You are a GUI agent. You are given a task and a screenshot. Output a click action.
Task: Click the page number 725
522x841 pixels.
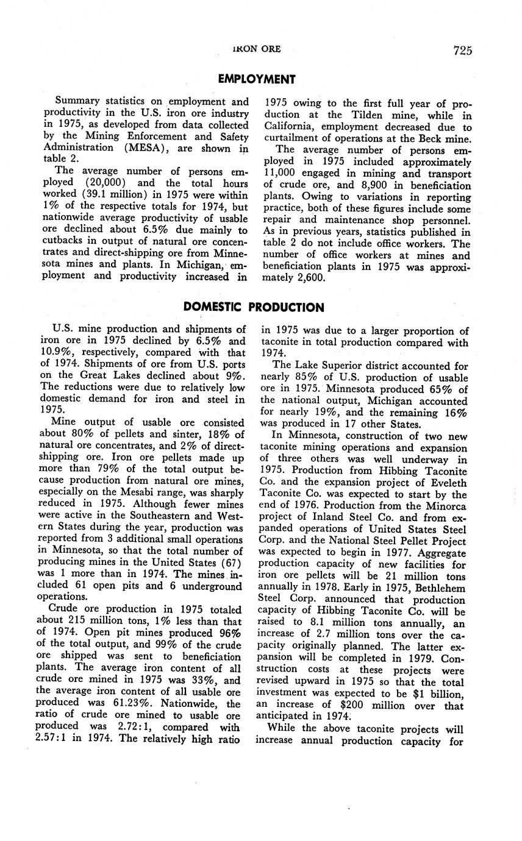pyautogui.click(x=462, y=51)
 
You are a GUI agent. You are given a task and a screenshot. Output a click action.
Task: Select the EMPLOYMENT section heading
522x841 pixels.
pyautogui.click(x=257, y=79)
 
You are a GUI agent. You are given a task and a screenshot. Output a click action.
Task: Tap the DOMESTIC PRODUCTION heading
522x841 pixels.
pyautogui.click(x=254, y=307)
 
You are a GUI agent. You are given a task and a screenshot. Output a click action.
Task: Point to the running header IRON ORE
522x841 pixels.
pyautogui.click(x=256, y=49)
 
